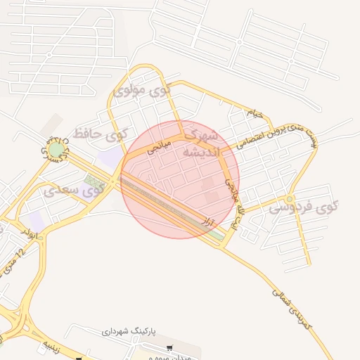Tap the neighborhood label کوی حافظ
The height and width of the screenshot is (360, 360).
(103, 133)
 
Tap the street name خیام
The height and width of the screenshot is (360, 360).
(255, 112)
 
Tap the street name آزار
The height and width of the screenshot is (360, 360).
(207, 222)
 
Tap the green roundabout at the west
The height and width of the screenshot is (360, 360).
(56, 149)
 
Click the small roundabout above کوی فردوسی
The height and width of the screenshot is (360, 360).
(290, 200)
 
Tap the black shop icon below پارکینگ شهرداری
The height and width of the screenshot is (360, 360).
(169, 348)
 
